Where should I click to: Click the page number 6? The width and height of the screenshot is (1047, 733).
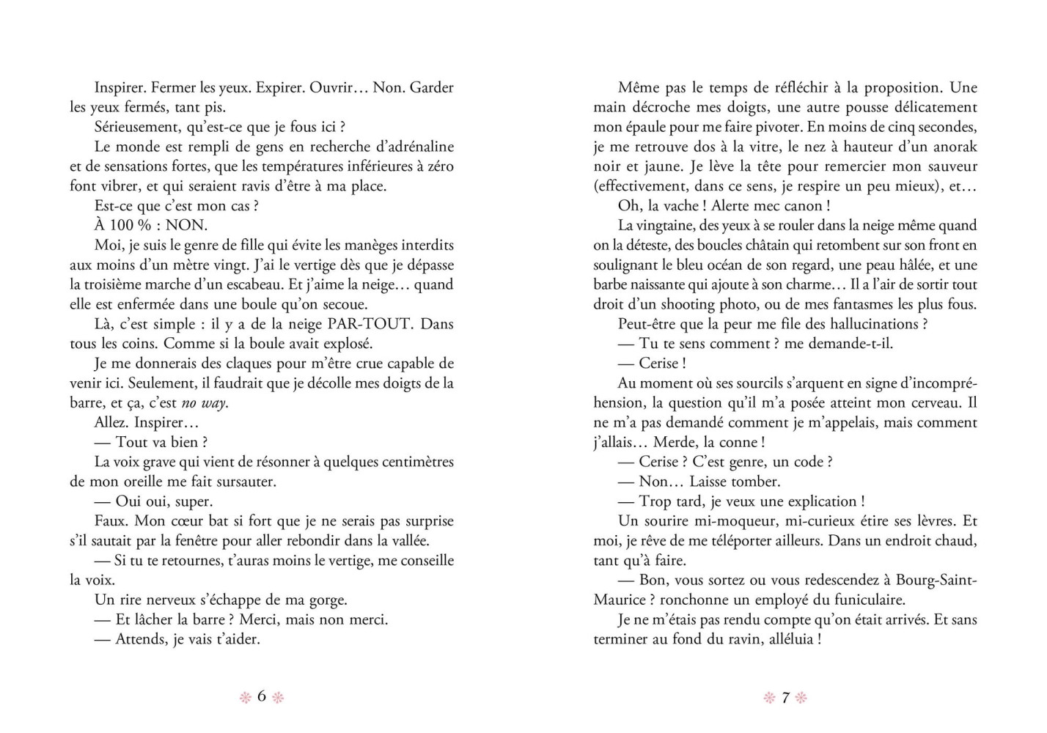click(x=261, y=696)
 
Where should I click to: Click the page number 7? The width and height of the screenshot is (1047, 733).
click(x=785, y=697)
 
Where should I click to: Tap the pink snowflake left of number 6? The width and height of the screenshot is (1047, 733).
click(x=246, y=697)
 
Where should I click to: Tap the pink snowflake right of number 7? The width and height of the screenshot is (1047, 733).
click(x=801, y=698)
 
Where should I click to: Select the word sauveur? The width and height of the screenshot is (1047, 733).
click(x=950, y=166)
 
